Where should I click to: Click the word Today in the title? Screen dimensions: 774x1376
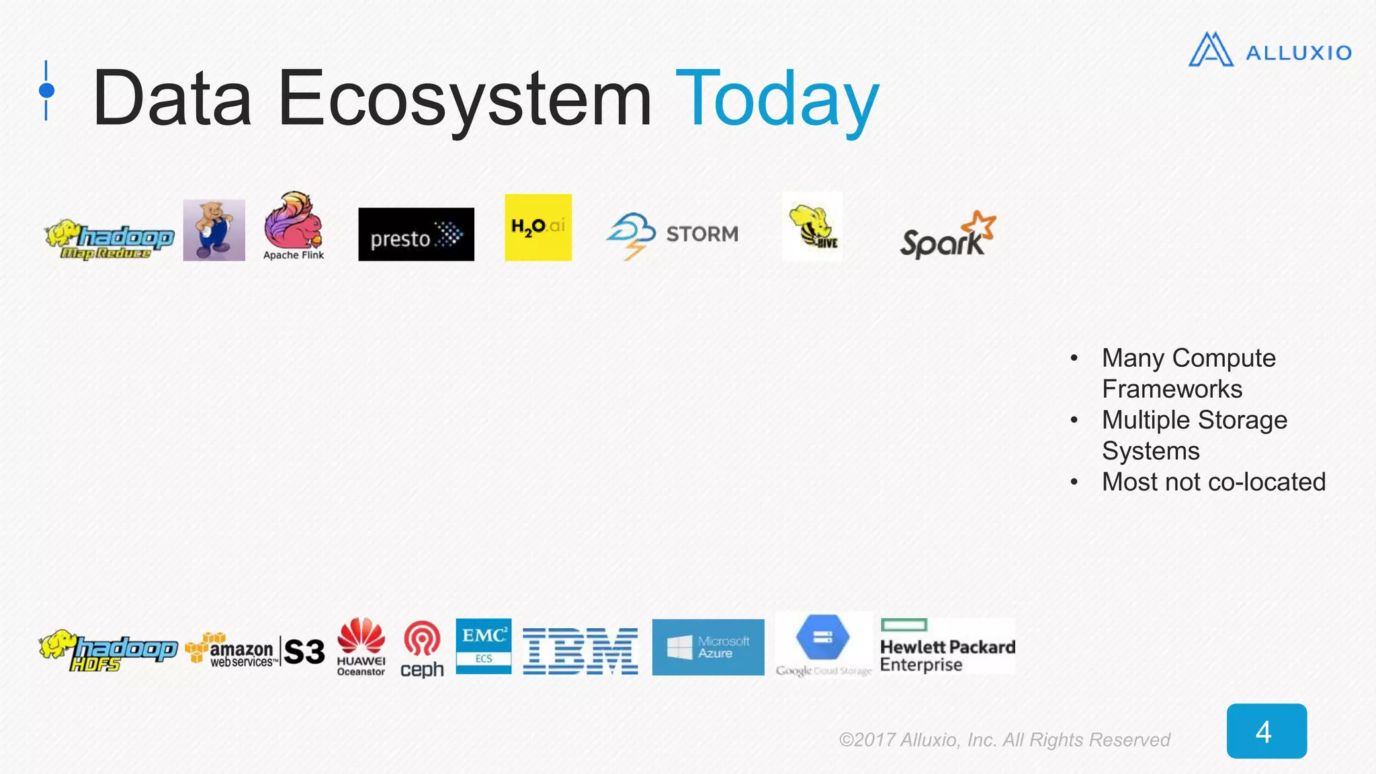[777, 99]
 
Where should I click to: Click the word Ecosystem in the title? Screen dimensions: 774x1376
[464, 99]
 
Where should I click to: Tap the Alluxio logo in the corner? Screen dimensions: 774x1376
[1269, 50]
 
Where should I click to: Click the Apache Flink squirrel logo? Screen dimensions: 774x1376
[294, 226]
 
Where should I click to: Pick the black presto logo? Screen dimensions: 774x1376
[416, 234]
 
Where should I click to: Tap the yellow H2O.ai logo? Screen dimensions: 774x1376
[538, 227]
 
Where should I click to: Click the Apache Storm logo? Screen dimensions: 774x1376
[672, 234]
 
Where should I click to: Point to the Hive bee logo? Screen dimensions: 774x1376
[812, 226]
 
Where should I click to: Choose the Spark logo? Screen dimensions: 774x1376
[947, 236]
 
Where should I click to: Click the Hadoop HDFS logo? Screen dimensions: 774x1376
[107, 650]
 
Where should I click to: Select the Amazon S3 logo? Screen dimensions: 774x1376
[255, 650]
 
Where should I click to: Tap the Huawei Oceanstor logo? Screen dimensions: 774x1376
[361, 646]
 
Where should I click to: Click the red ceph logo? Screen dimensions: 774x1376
[422, 648]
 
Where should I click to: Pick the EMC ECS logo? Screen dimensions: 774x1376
[483, 646]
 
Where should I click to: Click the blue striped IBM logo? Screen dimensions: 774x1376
[580, 650]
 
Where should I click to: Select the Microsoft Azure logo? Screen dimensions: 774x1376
[708, 647]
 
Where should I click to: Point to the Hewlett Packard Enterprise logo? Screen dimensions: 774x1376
[947, 646]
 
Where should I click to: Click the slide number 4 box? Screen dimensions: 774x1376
[1266, 731]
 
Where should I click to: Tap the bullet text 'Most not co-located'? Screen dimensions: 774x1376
[1213, 482]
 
